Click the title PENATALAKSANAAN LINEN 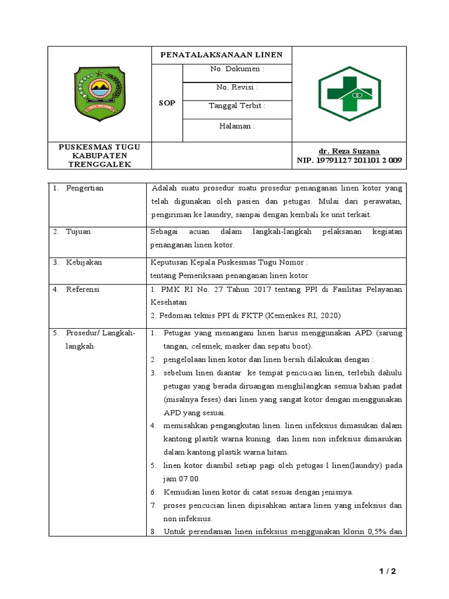click(222, 55)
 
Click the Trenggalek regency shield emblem click(99, 94)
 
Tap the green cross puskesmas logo click(348, 94)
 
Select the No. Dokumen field click(237, 69)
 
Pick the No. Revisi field click(237, 87)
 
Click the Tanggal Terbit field click(237, 106)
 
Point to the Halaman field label click(237, 126)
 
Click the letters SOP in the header click(167, 103)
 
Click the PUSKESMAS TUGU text click(99, 147)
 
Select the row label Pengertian click(84, 188)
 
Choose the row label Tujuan click(78, 232)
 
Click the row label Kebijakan click(84, 262)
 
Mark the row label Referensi click(82, 289)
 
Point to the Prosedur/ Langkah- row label click(100, 333)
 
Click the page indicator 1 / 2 click(386, 572)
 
